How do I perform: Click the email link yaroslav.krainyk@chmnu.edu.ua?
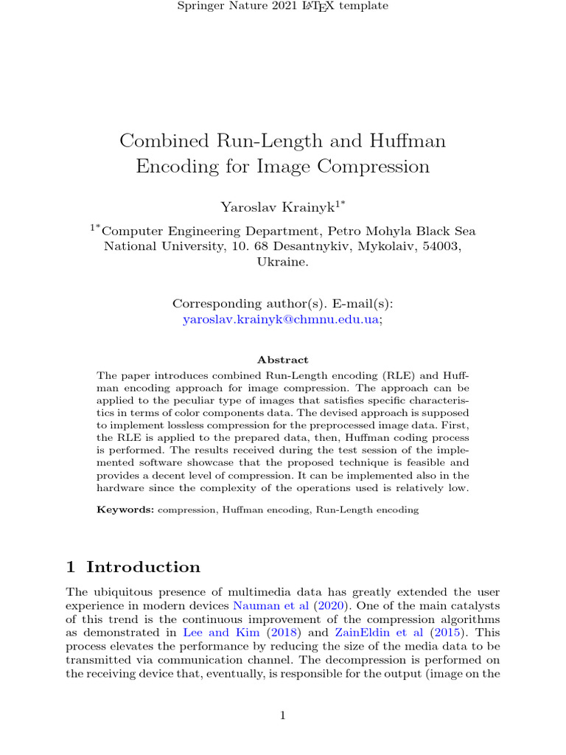point(281,320)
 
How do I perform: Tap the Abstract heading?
point(283,360)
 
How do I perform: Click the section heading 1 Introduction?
point(133,567)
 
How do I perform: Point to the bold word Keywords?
point(125,509)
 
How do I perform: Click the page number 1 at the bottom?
point(283,714)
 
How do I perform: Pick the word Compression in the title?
point(374,166)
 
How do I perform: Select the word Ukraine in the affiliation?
point(281,262)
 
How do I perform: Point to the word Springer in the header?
point(200,7)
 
